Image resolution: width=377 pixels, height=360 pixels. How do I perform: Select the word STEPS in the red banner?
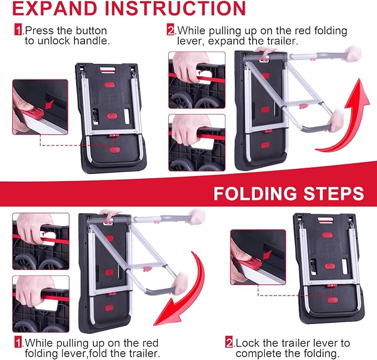coord(334,193)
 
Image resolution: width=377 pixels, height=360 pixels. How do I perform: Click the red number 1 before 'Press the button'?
coord(18,31)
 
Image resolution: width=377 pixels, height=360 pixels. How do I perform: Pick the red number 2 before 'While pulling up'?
coord(170,31)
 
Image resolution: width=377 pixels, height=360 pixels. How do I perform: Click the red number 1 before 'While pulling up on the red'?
coord(18,343)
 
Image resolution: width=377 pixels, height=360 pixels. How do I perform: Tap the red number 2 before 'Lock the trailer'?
coord(229,343)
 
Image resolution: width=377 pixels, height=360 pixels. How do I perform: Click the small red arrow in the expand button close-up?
coord(49,105)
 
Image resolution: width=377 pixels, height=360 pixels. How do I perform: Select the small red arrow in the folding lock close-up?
coord(267,254)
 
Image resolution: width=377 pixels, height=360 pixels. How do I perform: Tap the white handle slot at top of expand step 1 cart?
coord(108,70)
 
